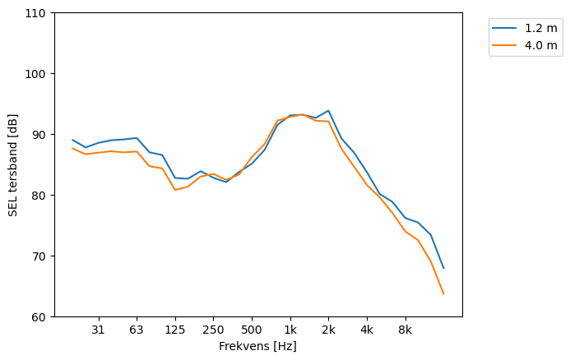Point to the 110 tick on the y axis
38,13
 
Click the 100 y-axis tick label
38,74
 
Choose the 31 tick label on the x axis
98,330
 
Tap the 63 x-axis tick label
137,330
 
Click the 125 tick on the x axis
174,330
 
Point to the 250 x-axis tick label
213,330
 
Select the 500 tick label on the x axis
252,330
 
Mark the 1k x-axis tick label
290,330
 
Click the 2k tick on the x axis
328,330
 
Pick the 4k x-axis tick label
367,330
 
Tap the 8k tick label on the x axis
405,330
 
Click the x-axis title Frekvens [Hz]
257,347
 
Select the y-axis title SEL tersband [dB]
13,165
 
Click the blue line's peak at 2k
328,110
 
